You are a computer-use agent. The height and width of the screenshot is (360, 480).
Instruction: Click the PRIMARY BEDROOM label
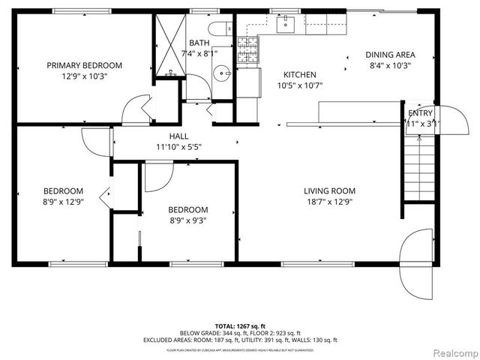pyautogui.click(x=84, y=65)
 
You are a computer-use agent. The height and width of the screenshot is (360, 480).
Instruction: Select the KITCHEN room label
pyautogui.click(x=299, y=75)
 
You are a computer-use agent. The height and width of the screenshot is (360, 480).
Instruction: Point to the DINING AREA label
pyautogui.click(x=389, y=55)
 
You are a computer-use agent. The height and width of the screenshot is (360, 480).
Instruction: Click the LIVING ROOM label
pyautogui.click(x=329, y=190)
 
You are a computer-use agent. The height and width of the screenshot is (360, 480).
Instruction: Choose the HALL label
pyautogui.click(x=178, y=136)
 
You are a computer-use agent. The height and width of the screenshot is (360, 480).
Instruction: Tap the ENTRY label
pyautogui.click(x=420, y=113)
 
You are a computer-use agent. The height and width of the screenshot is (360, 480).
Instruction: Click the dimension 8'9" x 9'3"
pyautogui.click(x=187, y=220)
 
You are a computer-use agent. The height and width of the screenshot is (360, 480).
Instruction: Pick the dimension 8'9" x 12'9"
pyautogui.click(x=62, y=201)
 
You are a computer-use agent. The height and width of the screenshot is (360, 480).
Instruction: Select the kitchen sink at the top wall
pyautogui.click(x=286, y=25)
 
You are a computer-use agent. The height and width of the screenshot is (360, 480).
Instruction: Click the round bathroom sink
pyautogui.click(x=221, y=73)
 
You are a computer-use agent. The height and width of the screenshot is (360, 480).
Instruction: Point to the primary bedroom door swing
pyautogui.click(x=134, y=111)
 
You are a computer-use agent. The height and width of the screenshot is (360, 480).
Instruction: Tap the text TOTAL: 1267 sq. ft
pyautogui.click(x=240, y=325)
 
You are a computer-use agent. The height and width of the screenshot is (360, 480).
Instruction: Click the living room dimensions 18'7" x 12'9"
pyautogui.click(x=329, y=201)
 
